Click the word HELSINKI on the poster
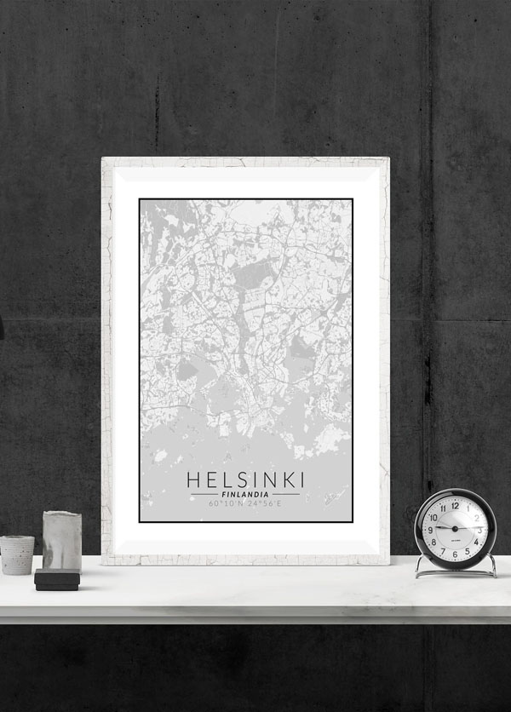coord(245,479)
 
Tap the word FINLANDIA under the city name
coord(245,494)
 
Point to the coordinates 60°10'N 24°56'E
coord(245,504)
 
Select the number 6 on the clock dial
coord(455,554)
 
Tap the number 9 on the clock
coord(431,529)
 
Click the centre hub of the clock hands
coord(455,529)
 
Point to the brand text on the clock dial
coord(455,541)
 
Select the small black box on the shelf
coord(57,580)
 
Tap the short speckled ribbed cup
coord(17,554)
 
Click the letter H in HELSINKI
coord(193,479)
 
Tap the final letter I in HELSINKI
coord(301,479)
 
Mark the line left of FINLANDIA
coord(204,494)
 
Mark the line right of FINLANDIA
coord(286,494)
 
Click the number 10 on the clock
coord(434,517)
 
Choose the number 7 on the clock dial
coord(443,550)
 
